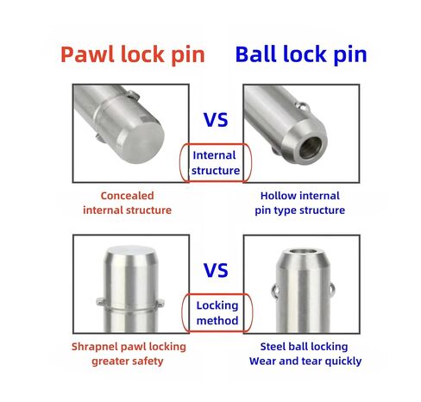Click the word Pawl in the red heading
coord(87,54)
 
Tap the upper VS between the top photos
coord(216,120)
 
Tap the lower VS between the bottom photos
coord(216,270)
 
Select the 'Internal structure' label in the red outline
coord(216,163)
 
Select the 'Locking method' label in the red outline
coord(217,313)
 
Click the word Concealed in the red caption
coord(127,196)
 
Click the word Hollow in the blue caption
coord(277,196)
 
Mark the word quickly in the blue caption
coord(343,361)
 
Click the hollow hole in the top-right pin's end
coord(311,148)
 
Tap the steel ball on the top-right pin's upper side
coord(304,106)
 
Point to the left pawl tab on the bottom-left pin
coord(100,301)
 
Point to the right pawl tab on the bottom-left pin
coord(160,302)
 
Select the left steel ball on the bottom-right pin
coord(274,291)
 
